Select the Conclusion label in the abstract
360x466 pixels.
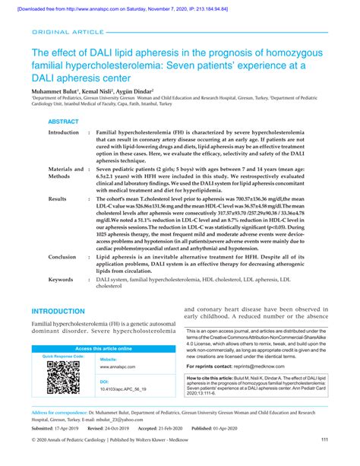tap(62, 257)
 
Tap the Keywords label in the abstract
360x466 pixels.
tap(61, 279)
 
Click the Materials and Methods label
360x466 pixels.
tap(65, 173)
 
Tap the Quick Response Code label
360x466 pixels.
tap(62, 356)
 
